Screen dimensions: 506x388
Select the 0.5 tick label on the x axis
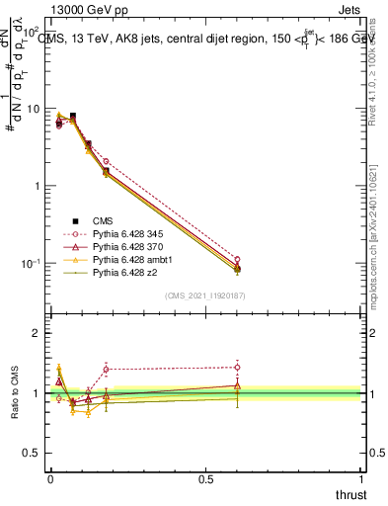point(205,479)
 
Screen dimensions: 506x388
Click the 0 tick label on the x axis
point(50,479)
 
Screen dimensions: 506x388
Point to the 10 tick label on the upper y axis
point(32,109)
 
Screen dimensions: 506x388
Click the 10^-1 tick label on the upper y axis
point(32,264)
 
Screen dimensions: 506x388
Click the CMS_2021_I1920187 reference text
point(205,295)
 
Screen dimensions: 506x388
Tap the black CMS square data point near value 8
point(72,116)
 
